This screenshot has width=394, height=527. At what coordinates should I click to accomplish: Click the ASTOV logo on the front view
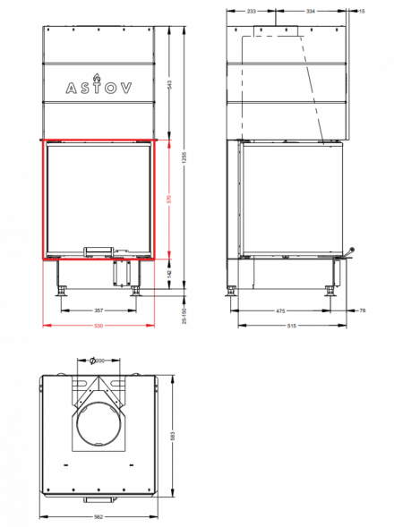coord(98,88)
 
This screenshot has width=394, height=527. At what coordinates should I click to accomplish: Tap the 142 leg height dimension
coord(169,274)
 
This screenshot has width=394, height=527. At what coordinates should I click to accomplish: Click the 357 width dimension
coord(98,310)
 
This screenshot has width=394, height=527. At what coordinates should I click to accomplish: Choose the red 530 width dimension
coord(98,325)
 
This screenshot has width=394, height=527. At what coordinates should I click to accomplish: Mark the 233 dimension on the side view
coord(251,11)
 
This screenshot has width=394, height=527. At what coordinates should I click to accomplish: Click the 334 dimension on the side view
coord(311,11)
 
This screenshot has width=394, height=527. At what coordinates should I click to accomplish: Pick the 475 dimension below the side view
coord(281,310)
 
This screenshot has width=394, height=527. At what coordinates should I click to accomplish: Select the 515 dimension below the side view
coord(291,325)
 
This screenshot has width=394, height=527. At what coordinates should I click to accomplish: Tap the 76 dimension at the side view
coord(362,310)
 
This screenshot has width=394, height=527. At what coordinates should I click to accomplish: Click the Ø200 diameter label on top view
coord(98,360)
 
